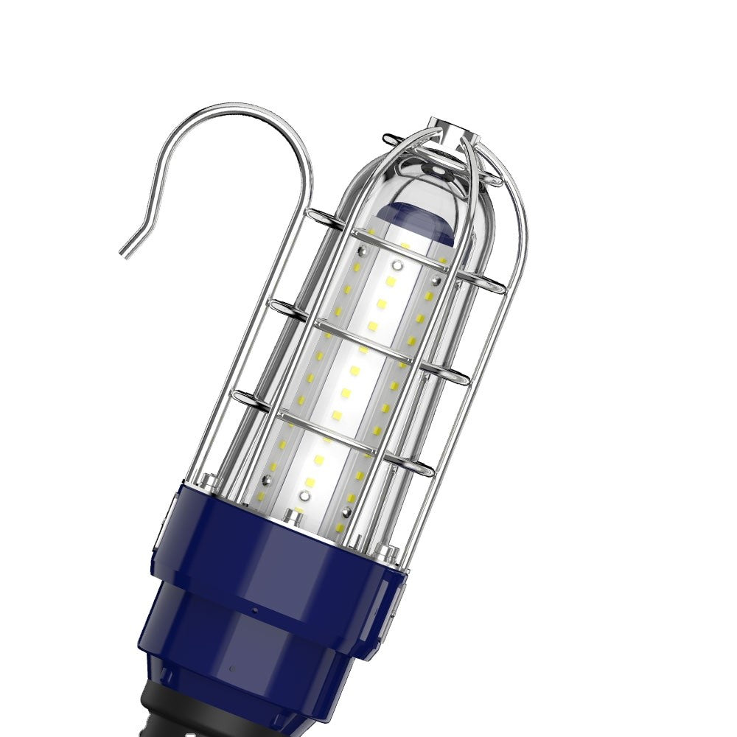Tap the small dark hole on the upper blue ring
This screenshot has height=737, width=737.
[253, 611]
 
